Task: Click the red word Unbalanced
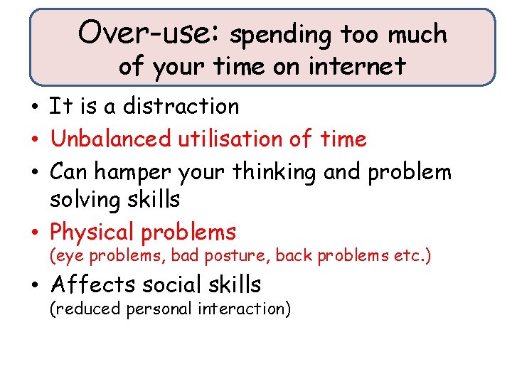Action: click(111, 139)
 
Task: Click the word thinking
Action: click(263, 172)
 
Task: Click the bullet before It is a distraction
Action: click(35, 107)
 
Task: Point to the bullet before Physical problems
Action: click(35, 233)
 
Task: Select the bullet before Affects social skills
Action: click(35, 285)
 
